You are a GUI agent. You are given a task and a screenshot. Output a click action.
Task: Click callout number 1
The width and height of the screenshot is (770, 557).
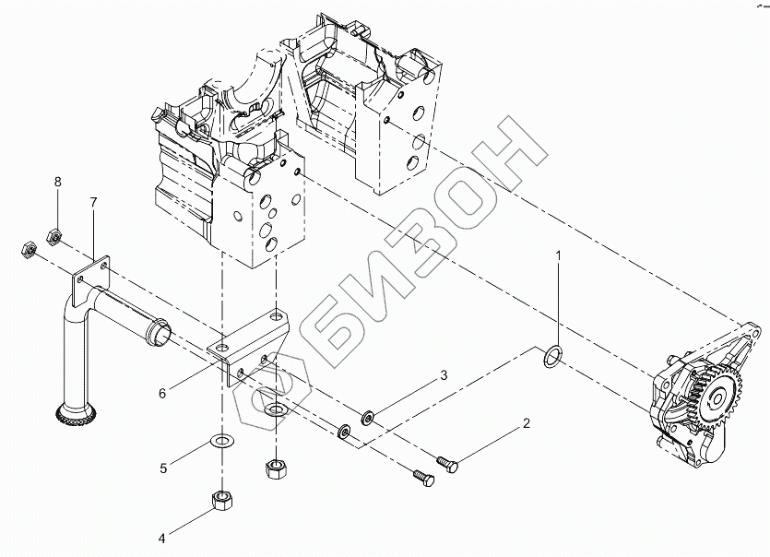click(557, 254)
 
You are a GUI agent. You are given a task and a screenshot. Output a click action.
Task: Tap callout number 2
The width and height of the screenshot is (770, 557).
click(527, 424)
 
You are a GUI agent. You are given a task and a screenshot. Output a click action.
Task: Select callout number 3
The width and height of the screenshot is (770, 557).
click(443, 375)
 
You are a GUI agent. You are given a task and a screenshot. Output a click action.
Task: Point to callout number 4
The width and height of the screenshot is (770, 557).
click(162, 539)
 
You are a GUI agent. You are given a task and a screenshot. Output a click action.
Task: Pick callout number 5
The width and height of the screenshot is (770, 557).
click(162, 468)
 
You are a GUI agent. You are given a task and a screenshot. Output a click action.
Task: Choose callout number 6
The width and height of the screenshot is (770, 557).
click(162, 393)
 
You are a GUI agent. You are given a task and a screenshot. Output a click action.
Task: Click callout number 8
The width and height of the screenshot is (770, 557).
click(57, 182)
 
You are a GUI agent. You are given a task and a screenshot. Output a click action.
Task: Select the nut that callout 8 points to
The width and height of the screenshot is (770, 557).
click(53, 238)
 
